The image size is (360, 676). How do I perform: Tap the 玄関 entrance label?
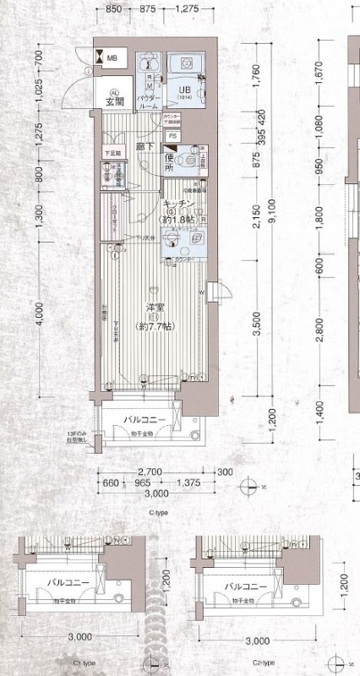point(115,103)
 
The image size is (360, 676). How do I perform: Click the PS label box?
point(172,135)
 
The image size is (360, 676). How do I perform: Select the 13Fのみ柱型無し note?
point(81,439)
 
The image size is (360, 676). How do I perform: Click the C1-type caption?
point(83,663)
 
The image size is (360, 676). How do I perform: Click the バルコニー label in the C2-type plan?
point(246,586)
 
